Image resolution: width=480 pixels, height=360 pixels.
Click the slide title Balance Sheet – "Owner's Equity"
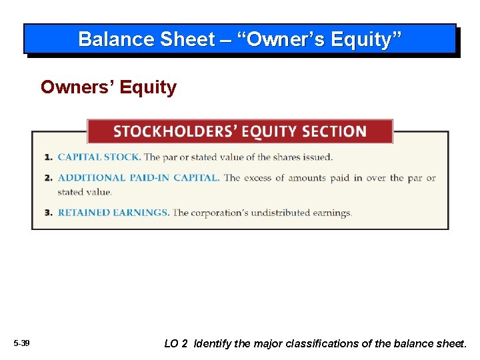point(240,39)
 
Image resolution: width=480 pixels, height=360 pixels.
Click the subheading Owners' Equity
point(109,87)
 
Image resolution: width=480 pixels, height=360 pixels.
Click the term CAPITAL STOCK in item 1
point(99,157)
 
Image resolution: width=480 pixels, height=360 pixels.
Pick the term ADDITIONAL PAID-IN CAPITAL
point(138,178)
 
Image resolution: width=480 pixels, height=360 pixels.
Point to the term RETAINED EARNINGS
point(113,213)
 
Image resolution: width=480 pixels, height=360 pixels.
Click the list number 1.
point(48,157)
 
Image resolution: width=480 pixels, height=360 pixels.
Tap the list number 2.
point(48,178)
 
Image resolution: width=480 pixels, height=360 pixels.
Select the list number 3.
point(48,213)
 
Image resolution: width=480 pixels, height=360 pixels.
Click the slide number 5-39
point(21,343)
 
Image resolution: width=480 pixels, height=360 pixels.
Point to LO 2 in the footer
point(176,344)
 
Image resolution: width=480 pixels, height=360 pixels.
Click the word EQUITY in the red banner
point(269,131)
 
